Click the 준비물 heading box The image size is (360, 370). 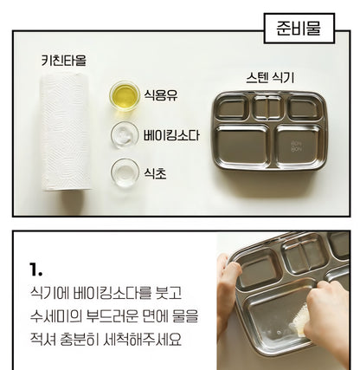(x=299, y=29)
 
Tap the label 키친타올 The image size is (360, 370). (x=64, y=61)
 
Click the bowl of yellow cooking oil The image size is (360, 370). (x=125, y=96)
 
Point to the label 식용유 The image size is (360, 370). (x=161, y=94)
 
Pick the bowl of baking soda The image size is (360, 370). (x=125, y=135)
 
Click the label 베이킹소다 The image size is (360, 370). (x=171, y=135)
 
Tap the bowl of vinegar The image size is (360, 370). (x=125, y=172)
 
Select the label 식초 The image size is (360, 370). (x=155, y=173)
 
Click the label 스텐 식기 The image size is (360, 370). (x=270, y=78)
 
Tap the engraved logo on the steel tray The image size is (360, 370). (x=296, y=146)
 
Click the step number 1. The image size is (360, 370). (x=35, y=269)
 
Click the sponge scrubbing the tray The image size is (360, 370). (x=299, y=320)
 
